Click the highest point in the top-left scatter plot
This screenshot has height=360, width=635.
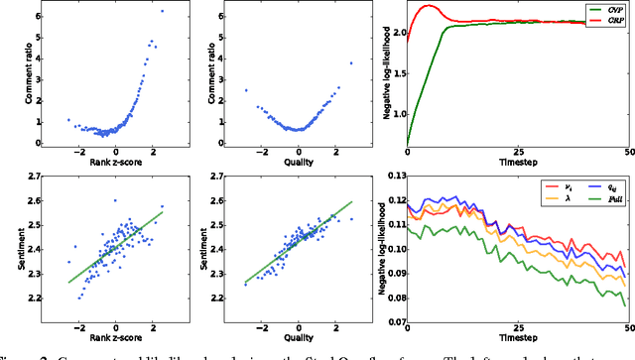[x=162, y=11]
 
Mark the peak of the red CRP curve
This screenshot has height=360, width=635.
[x=428, y=6]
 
